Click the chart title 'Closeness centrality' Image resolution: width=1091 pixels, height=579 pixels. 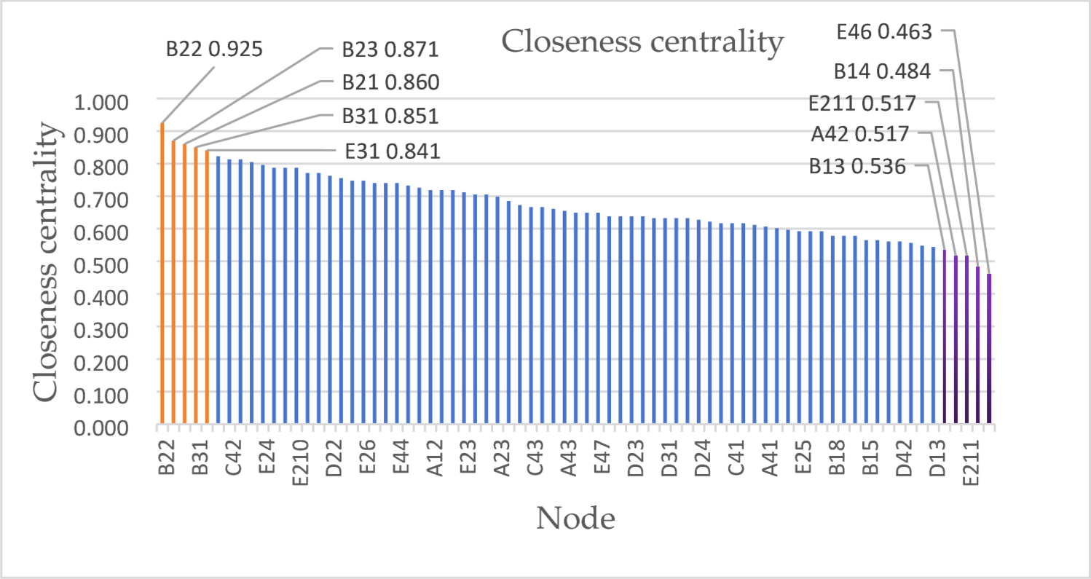tap(642, 42)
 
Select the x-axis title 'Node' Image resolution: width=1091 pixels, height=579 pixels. tap(575, 519)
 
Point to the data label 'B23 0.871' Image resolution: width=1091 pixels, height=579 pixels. tap(390, 50)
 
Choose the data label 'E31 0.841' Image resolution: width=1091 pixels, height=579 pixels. tap(393, 151)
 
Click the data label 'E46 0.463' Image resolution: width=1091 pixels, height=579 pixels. tap(884, 31)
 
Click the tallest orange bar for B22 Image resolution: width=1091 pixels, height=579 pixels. tap(162, 273)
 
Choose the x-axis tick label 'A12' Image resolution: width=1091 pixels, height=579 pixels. tap(435, 457)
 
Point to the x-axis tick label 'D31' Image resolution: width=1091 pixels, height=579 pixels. tap(669, 457)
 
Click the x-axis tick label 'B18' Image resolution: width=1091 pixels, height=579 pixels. tap(837, 457)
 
